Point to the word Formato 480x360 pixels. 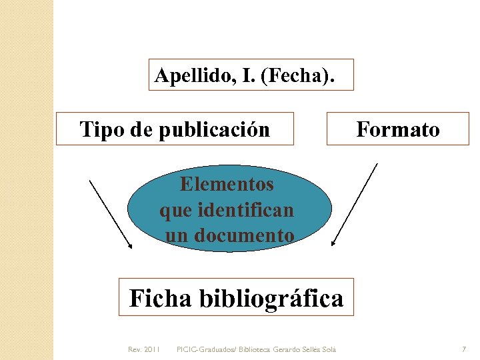[x=398, y=129]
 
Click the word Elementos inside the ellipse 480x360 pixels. [x=227, y=183]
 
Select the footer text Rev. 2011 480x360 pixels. [x=143, y=349]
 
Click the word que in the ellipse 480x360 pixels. [x=175, y=210]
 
